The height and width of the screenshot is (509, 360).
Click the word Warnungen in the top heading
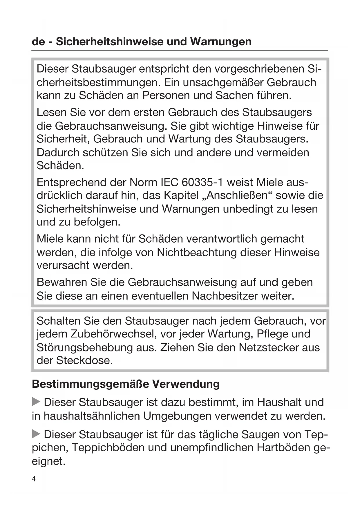[221, 41]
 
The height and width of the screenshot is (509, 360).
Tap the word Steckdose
[84, 360]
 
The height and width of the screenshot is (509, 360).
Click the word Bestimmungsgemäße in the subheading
[91, 384]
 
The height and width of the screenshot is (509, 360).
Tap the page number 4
[34, 479]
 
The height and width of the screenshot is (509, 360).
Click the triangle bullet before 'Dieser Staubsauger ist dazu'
[36, 402]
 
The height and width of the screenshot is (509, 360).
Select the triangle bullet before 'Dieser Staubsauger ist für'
[36, 434]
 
